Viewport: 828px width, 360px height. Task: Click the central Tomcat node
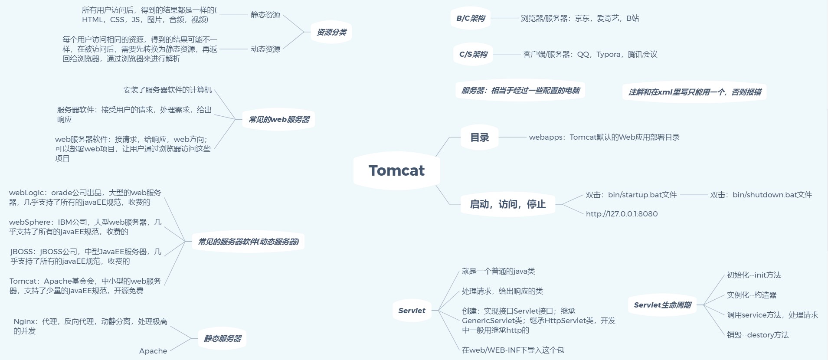click(396, 170)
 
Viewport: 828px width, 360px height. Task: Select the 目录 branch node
click(479, 137)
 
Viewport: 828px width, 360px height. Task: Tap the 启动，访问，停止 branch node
click(507, 204)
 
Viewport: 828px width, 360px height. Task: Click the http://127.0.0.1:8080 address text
click(622, 214)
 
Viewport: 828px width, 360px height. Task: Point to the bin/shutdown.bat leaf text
click(761, 195)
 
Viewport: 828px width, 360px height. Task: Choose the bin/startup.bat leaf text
click(631, 195)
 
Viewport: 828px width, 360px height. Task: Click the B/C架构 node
click(471, 18)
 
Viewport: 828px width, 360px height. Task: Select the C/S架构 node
click(473, 54)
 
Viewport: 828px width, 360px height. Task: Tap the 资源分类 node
click(331, 32)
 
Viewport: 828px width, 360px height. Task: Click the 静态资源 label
click(265, 15)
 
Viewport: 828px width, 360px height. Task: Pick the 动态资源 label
click(265, 49)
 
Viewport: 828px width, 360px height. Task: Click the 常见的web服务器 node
click(278, 119)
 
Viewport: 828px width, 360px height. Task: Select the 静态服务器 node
click(223, 338)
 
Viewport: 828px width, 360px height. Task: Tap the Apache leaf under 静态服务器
click(153, 351)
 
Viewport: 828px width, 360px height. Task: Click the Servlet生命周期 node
click(662, 305)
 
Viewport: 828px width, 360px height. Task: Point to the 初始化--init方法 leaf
click(754, 275)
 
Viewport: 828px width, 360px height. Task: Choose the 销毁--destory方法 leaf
click(758, 335)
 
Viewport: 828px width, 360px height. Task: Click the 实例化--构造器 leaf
click(752, 295)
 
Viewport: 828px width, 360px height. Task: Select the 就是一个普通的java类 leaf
click(498, 271)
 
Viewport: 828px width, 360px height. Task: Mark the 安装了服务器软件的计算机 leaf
click(167, 90)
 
